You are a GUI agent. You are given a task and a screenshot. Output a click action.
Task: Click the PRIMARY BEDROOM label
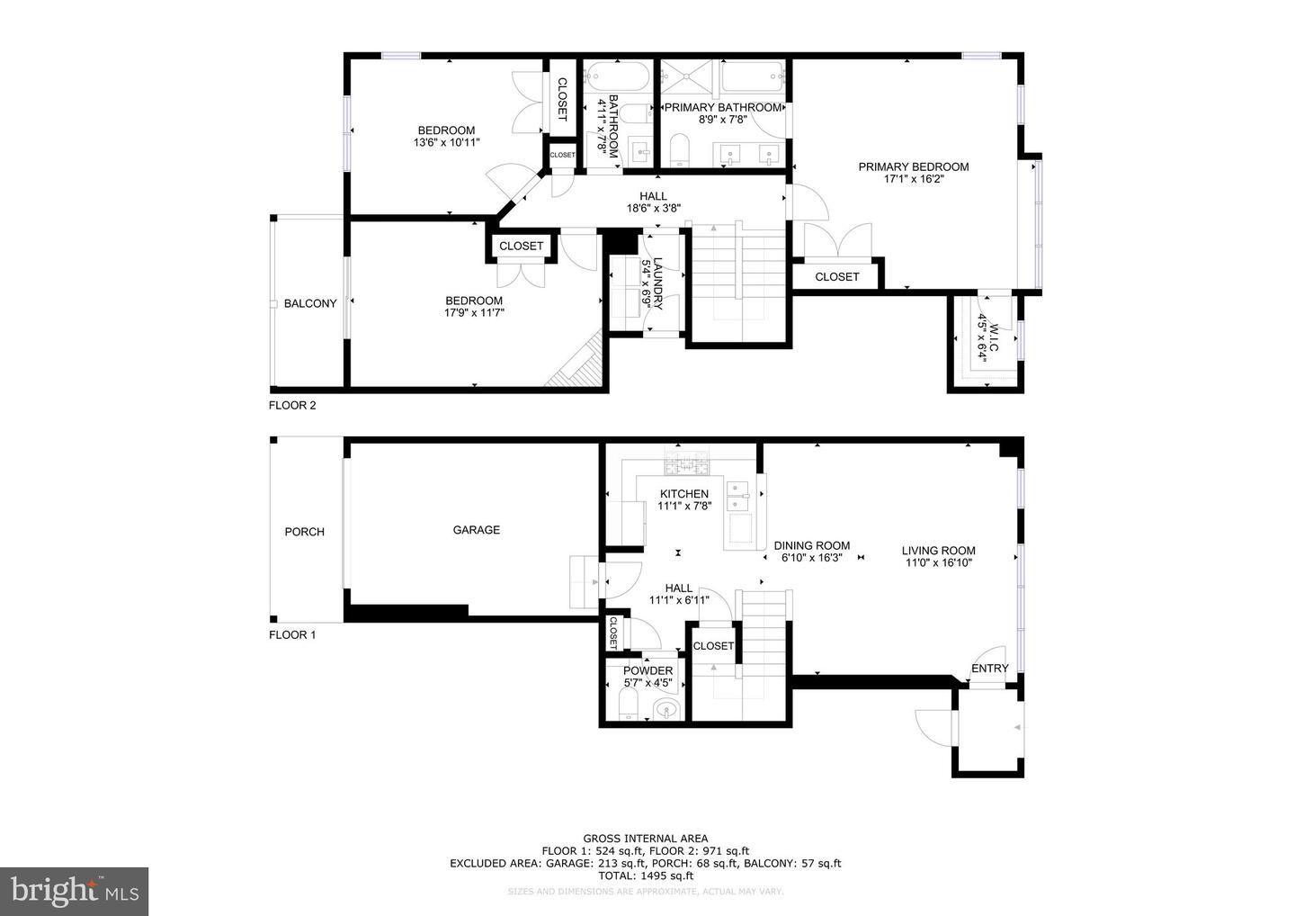pos(913,166)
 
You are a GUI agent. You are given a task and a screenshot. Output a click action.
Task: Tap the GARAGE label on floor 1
pos(476,530)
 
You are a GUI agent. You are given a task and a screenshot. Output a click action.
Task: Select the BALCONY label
pos(310,304)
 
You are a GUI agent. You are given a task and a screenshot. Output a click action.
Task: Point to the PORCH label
pos(304,532)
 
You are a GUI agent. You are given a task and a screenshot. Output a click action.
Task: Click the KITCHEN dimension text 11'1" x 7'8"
pos(684,506)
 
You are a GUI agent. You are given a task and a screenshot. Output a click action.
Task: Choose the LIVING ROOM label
pos(939,551)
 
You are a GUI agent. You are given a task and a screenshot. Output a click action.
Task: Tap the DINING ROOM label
pos(812,545)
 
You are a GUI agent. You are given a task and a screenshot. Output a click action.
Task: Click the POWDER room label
pos(647,671)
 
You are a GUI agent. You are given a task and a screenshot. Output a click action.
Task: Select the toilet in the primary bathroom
pos(679,149)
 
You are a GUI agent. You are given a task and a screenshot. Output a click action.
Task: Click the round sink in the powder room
pos(665,710)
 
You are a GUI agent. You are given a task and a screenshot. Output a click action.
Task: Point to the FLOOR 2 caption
pos(292,405)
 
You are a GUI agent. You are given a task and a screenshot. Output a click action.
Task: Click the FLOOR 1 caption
pos(292,634)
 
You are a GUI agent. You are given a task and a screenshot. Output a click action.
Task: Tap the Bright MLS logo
pos(74,891)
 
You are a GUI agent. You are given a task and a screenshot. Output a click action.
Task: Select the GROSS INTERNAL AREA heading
pos(645,839)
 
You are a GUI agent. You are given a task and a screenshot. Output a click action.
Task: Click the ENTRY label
pos(989,668)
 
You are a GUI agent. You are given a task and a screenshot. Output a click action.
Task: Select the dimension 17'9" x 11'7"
pos(474,313)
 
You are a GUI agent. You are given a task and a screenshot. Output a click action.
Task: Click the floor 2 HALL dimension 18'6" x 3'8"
pos(653,208)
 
